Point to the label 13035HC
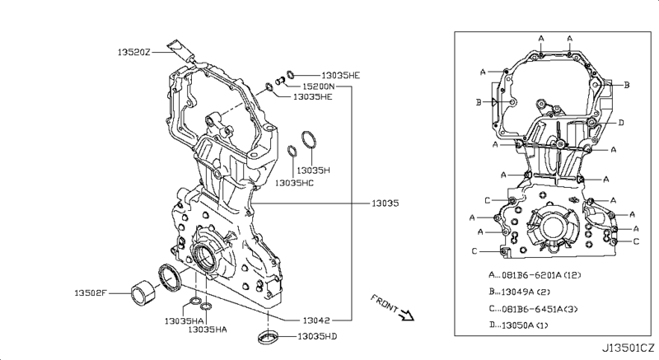click(294, 182)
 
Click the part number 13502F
click(92, 293)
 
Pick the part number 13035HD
click(317, 336)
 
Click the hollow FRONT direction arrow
click(405, 314)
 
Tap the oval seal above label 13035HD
click(269, 335)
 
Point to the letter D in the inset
click(621, 123)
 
